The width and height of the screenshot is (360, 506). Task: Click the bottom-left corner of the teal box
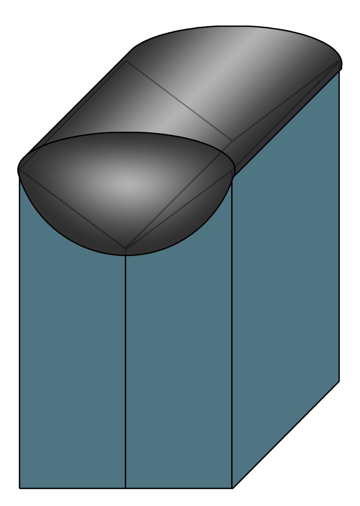point(19,488)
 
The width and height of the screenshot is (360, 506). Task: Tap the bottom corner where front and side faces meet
point(232,488)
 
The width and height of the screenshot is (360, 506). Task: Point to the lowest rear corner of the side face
point(339,381)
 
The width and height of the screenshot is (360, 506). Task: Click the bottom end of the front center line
point(125,488)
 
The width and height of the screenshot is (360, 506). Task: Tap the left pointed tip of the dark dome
point(19,169)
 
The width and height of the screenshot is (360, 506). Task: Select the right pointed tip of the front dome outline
point(233,170)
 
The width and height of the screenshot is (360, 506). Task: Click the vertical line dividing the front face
point(125,371)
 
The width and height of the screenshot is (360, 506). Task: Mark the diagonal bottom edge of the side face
point(285,435)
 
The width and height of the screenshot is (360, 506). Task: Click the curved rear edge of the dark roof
point(237,27)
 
